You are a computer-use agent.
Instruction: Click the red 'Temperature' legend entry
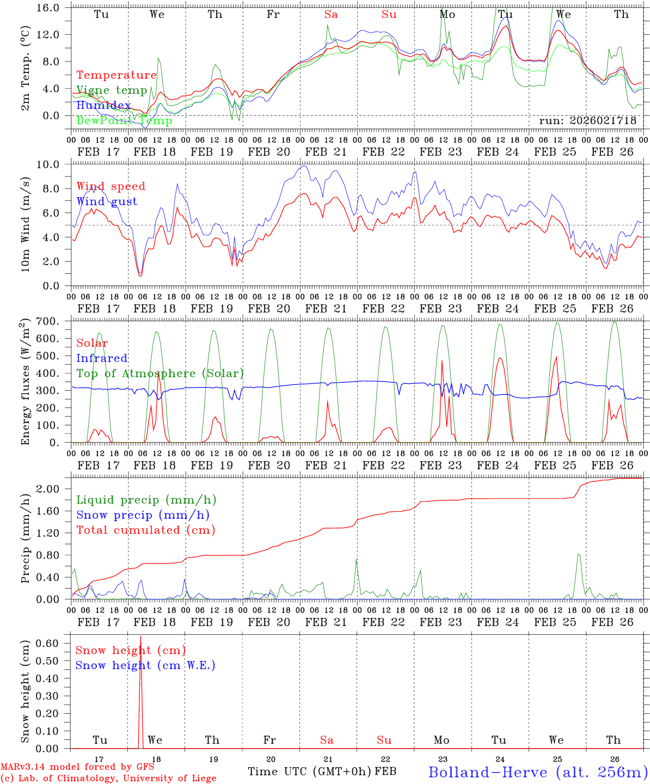[x=116, y=75]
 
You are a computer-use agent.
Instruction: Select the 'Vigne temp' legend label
[x=112, y=90]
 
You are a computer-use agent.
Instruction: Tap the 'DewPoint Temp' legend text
[x=124, y=120]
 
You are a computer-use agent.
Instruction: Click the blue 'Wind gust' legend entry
[x=107, y=201]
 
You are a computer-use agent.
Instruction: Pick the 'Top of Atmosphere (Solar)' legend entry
[x=160, y=373]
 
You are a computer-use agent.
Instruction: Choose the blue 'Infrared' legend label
[x=102, y=358]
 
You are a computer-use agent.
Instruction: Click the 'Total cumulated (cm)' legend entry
[x=145, y=530]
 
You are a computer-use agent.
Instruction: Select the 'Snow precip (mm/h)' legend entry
[x=143, y=515]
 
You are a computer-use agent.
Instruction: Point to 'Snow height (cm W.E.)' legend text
[x=145, y=665]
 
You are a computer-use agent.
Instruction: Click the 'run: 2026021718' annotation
[x=587, y=121]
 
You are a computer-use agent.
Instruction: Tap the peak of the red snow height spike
[x=140, y=636]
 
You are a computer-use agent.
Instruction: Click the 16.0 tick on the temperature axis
[x=53, y=8]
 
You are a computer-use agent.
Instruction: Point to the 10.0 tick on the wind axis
[x=53, y=164]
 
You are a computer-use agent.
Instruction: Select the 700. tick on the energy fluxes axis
[x=53, y=321]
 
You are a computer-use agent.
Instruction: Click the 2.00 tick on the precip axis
[x=53, y=489]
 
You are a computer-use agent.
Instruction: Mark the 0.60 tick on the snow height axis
[x=53, y=643]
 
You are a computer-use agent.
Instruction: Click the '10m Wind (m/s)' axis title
[x=26, y=224]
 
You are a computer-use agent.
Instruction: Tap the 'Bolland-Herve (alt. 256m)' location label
[x=538, y=772]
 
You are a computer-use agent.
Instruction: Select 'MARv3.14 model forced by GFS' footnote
[x=77, y=767]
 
